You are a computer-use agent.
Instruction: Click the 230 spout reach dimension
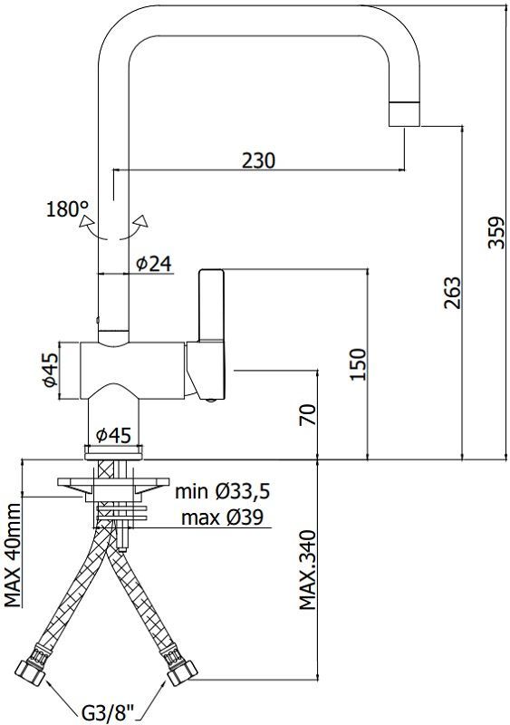click(259, 159)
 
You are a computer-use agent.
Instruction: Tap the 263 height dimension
click(453, 293)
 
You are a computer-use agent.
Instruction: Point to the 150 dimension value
click(358, 365)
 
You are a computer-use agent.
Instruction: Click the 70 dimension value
click(308, 416)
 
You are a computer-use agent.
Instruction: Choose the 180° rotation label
click(66, 210)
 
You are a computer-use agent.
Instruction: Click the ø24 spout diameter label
click(153, 264)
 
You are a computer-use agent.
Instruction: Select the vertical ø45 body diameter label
click(52, 372)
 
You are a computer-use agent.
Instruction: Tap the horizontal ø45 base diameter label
click(113, 435)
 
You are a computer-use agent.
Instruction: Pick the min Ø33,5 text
click(223, 492)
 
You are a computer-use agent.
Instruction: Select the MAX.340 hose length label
click(308, 570)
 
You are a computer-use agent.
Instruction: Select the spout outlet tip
click(404, 113)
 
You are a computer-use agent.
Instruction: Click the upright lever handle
click(210, 308)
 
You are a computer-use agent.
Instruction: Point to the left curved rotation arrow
click(87, 227)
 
